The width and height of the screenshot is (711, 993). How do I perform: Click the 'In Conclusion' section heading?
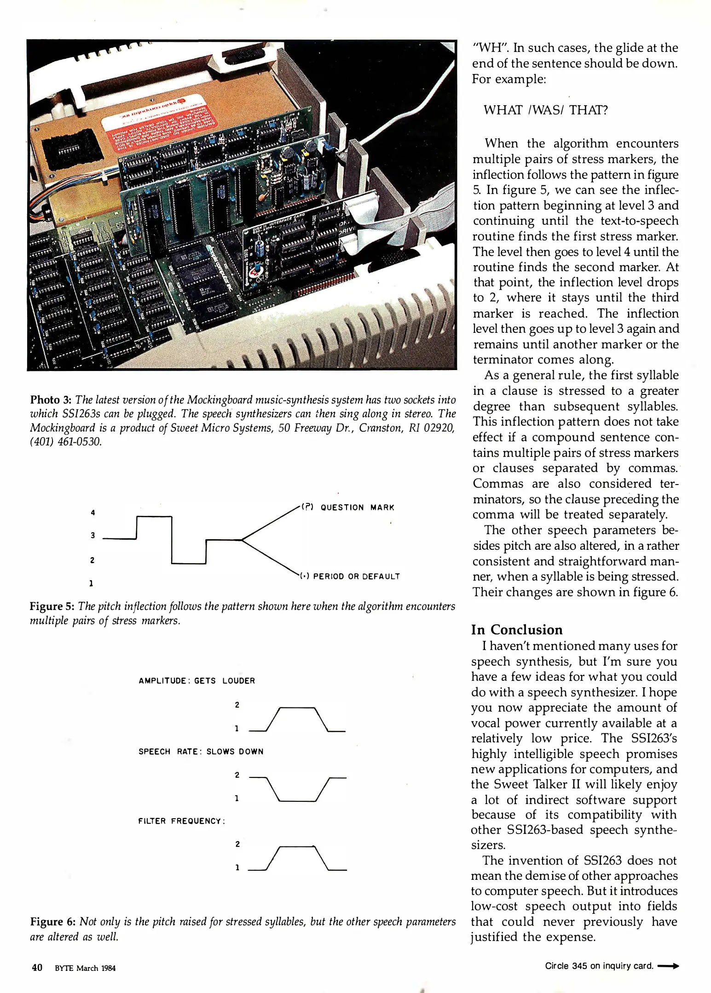point(517,629)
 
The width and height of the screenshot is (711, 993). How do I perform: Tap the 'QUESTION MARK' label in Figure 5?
point(357,508)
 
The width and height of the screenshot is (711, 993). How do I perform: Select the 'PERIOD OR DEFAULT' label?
point(356,576)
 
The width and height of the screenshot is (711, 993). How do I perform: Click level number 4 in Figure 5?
point(93,513)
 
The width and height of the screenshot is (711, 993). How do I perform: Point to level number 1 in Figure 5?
point(91,583)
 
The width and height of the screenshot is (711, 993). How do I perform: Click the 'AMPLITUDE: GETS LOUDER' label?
point(197,681)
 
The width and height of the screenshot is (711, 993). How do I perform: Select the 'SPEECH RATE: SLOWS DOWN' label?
point(201,752)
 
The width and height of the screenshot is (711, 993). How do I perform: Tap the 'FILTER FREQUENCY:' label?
point(181,821)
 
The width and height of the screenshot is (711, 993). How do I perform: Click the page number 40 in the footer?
point(37,968)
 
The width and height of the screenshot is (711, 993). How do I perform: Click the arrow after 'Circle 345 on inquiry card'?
point(668,966)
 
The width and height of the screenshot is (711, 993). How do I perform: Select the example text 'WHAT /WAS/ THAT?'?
point(545,110)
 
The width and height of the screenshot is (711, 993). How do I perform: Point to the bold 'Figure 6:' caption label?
point(52,922)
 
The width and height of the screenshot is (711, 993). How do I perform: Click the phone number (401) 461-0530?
point(65,442)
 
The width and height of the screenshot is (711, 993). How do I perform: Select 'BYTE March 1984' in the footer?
point(85,968)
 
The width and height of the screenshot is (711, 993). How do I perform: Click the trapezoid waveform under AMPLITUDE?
point(297,719)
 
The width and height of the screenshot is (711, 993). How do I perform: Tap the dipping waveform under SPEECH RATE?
point(297,789)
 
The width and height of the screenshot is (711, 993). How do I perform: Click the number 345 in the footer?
point(579,966)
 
